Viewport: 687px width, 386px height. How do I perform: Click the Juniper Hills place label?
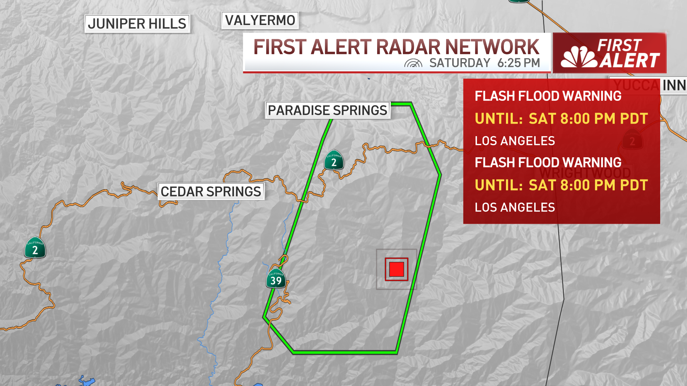point(137,24)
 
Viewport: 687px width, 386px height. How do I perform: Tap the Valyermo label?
point(260,20)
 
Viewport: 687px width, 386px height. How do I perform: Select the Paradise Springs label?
point(327,110)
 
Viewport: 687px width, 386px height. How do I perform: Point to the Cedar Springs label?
point(211,192)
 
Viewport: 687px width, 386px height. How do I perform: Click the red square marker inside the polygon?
point(396,269)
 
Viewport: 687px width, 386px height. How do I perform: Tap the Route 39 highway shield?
point(276,279)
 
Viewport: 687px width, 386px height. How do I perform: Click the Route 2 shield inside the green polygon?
point(334,160)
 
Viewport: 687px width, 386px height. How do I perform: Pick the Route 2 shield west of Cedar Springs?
point(35,248)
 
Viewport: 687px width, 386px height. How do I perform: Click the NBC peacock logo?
point(579,58)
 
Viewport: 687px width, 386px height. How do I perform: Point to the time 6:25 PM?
point(518,63)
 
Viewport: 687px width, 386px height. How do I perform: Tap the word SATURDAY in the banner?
point(460,63)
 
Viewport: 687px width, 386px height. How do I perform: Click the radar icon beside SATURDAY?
point(413,63)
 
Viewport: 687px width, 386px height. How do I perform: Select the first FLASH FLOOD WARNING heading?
point(548,96)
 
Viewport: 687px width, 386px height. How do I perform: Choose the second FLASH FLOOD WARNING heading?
point(548,163)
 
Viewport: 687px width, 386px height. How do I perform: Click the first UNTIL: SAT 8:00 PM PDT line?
point(561,119)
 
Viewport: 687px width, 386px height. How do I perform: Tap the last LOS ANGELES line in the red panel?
point(515,207)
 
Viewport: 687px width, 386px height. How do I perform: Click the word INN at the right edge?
point(674,85)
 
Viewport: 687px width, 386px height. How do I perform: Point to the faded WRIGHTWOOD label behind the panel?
point(585,173)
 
